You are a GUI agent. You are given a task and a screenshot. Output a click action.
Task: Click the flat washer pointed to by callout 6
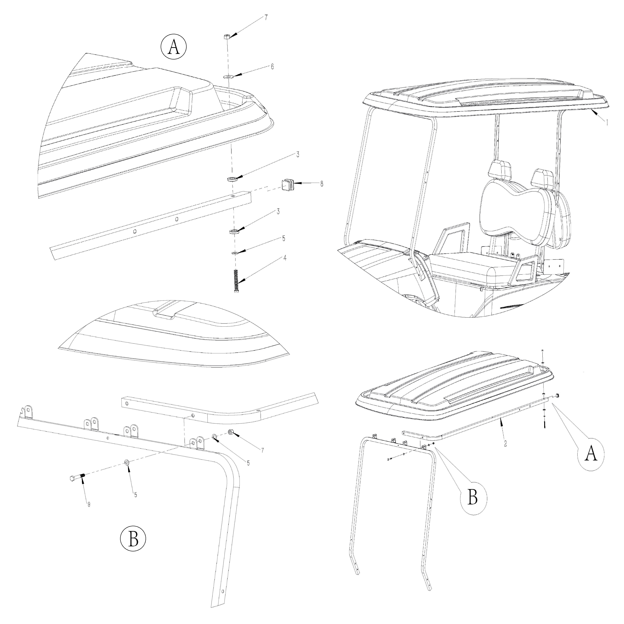point(229,77)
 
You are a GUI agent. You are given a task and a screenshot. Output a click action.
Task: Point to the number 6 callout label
point(272,66)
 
